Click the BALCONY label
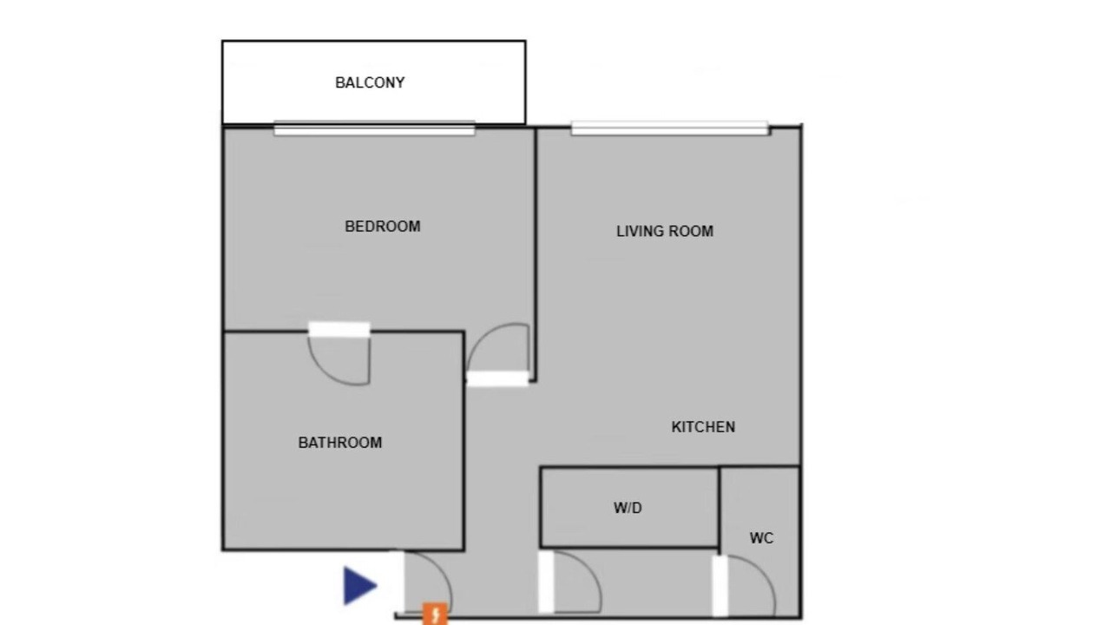click(x=370, y=82)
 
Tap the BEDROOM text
click(x=383, y=227)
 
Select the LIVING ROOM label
click(x=665, y=231)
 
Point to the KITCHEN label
click(x=703, y=427)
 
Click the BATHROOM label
click(x=340, y=443)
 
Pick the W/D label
click(x=628, y=508)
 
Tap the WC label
click(x=761, y=538)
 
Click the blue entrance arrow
click(x=359, y=586)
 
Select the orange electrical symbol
click(x=435, y=614)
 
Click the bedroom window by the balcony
click(x=374, y=129)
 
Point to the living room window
click(x=669, y=128)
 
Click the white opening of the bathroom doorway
click(x=339, y=329)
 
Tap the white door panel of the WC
click(x=720, y=586)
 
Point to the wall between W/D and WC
click(x=720, y=508)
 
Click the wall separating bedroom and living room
click(x=536, y=254)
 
